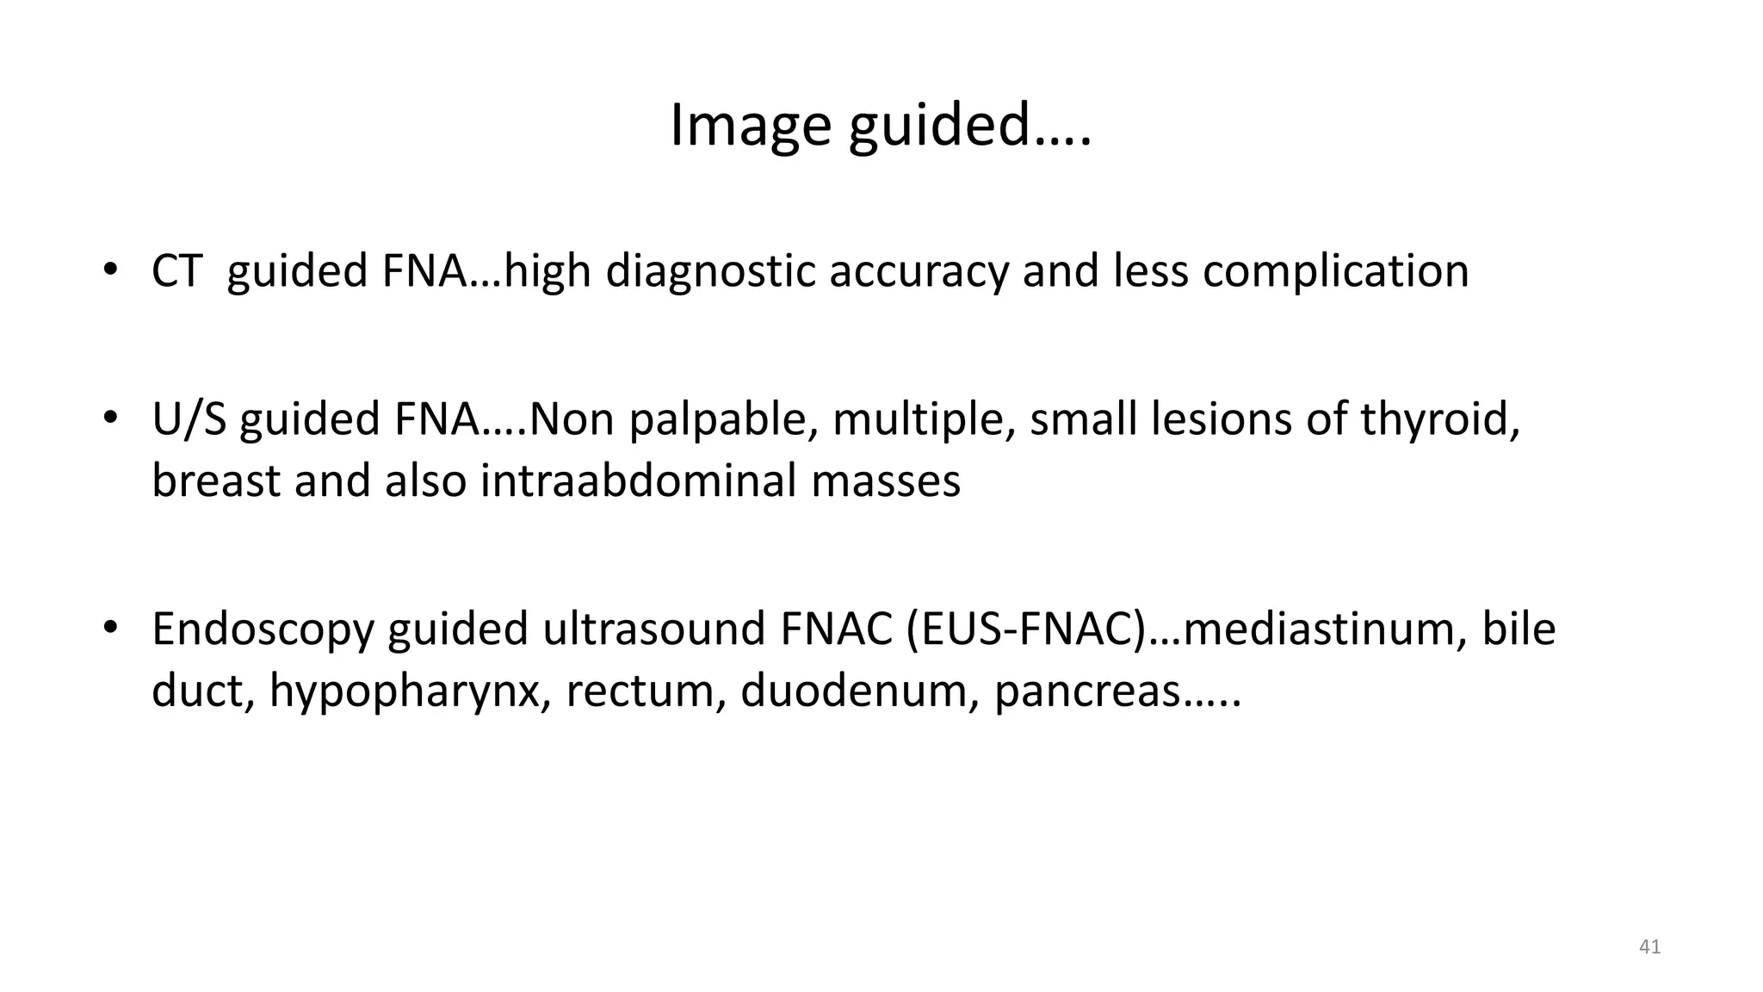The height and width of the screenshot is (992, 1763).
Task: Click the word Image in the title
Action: click(750, 126)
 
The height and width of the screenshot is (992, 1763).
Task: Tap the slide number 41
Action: click(1649, 947)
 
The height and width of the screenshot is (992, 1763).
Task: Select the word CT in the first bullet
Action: click(176, 271)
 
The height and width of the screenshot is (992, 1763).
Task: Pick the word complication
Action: click(1335, 271)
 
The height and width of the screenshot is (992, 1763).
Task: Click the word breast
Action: click(216, 480)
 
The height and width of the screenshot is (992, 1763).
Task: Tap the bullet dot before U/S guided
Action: click(109, 418)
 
